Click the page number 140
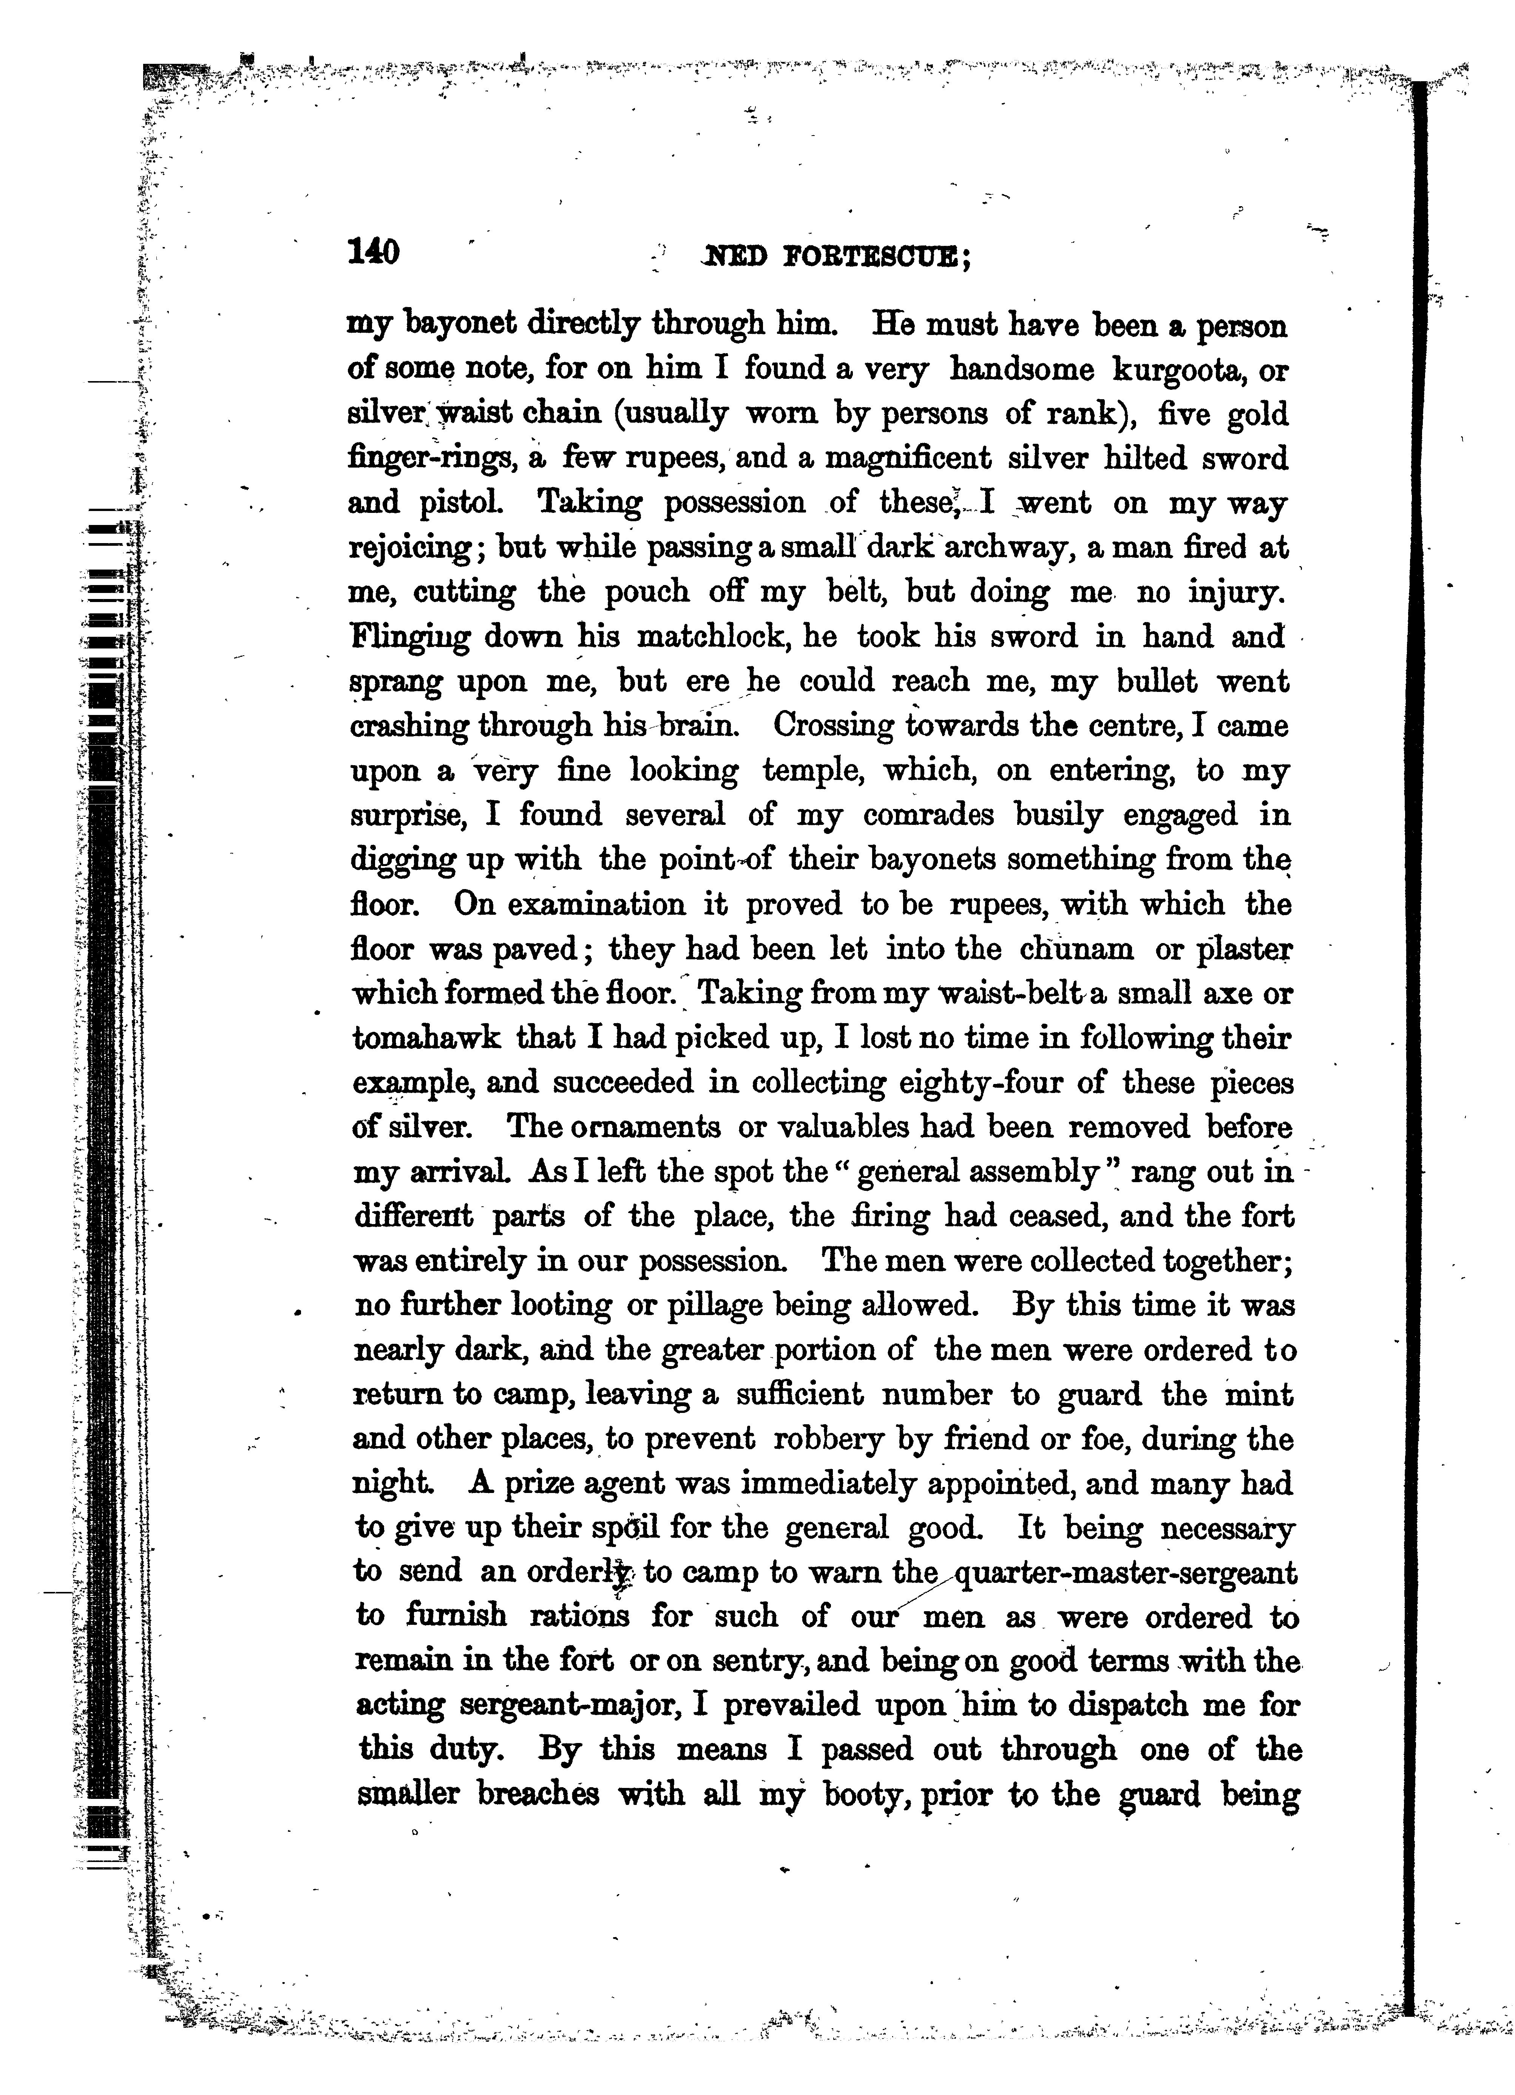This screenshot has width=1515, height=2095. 372,252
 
